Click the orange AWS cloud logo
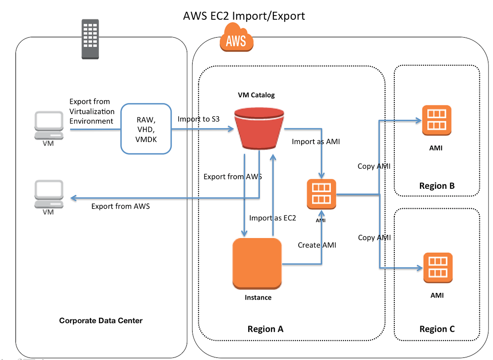(x=237, y=37)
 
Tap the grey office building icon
(x=90, y=39)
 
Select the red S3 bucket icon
(x=259, y=128)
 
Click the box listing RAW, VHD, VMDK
(x=146, y=129)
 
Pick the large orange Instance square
(x=257, y=264)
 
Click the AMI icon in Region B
(x=437, y=120)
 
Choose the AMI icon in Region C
(x=438, y=268)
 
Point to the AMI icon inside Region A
(x=321, y=194)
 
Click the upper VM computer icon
(x=49, y=125)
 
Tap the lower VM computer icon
(x=49, y=194)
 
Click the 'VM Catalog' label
(x=256, y=95)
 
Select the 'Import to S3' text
(x=198, y=119)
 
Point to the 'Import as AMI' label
(x=316, y=142)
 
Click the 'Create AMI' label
(x=317, y=245)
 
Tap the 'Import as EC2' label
(x=272, y=218)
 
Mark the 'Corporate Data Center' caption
(x=101, y=321)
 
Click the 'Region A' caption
(x=265, y=329)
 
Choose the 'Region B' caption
(x=437, y=186)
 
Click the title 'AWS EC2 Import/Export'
(x=244, y=16)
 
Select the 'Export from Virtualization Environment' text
(x=92, y=111)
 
